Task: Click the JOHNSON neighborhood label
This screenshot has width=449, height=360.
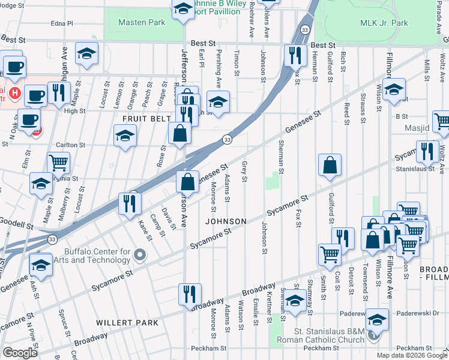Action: [226, 221]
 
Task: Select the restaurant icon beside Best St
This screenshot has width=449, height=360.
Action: [295, 56]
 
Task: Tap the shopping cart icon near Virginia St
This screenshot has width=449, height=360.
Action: [58, 163]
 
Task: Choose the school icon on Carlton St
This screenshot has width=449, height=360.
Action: [125, 137]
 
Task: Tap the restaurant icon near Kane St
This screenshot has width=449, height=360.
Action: [130, 203]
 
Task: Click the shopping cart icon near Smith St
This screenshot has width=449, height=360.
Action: [330, 255]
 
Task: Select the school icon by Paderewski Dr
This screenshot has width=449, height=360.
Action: [377, 319]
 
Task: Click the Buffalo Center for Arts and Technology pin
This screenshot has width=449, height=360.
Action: [140, 256]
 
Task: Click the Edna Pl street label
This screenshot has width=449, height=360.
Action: [62, 23]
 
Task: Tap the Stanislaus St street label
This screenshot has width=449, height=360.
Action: [414, 170]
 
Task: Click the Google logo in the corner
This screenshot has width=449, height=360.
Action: [20, 353]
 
